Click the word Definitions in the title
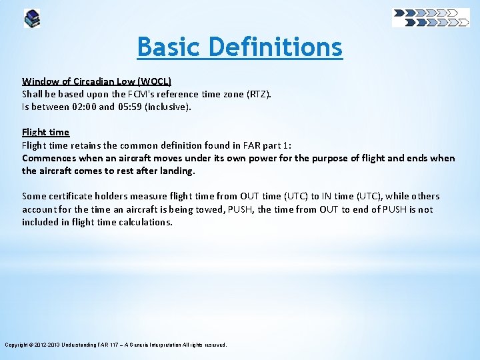click(x=275, y=47)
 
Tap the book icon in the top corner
click(x=32, y=18)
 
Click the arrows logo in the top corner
click(x=431, y=17)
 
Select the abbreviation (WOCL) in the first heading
click(x=155, y=81)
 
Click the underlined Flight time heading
click(x=45, y=132)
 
